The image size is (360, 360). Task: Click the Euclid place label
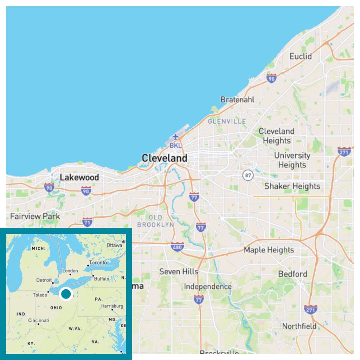coord(301,56)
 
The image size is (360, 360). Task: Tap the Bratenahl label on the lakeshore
coord(237,100)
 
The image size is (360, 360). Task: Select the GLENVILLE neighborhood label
coord(227,122)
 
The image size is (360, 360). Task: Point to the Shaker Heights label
coord(292,186)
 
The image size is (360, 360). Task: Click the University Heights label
coord(292,160)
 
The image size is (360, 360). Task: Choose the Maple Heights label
coord(269,250)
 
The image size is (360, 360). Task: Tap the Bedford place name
coord(292,274)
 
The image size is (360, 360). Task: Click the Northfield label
coord(299,326)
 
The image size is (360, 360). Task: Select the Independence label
coord(208,287)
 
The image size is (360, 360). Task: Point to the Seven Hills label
coord(179,271)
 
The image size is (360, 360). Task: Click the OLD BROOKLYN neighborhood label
coord(155,221)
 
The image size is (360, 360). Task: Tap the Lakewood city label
coord(79,177)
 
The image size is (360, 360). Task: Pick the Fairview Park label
coord(35,216)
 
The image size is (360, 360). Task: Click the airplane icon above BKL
coord(175,137)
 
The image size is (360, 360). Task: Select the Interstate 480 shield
coord(178,247)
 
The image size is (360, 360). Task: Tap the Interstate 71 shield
coord(87,222)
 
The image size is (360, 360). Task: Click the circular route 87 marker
coord(248,175)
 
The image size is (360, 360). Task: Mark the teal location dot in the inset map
coord(66,294)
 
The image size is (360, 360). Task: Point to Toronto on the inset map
coord(98,263)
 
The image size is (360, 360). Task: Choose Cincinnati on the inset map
coord(39,321)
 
